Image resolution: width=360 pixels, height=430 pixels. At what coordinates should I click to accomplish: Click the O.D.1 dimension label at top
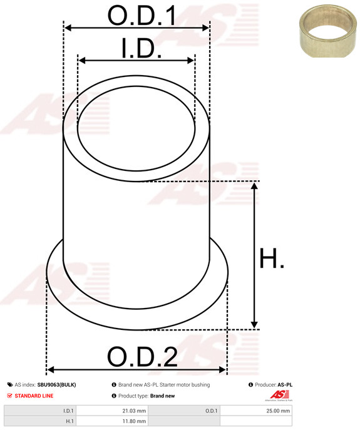(x=141, y=15)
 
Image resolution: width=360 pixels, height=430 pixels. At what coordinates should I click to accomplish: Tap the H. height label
(x=272, y=258)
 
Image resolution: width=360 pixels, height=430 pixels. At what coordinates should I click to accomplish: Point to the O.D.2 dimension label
(x=142, y=357)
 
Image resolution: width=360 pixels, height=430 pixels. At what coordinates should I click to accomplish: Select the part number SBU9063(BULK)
(x=56, y=385)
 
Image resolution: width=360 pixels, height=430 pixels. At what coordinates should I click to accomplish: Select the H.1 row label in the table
(x=69, y=422)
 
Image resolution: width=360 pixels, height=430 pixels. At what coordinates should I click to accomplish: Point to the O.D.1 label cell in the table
(x=210, y=411)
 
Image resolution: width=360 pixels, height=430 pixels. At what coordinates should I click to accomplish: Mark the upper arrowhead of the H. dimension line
(x=254, y=186)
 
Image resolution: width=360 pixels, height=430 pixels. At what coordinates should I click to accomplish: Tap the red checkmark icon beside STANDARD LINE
(x=9, y=396)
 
